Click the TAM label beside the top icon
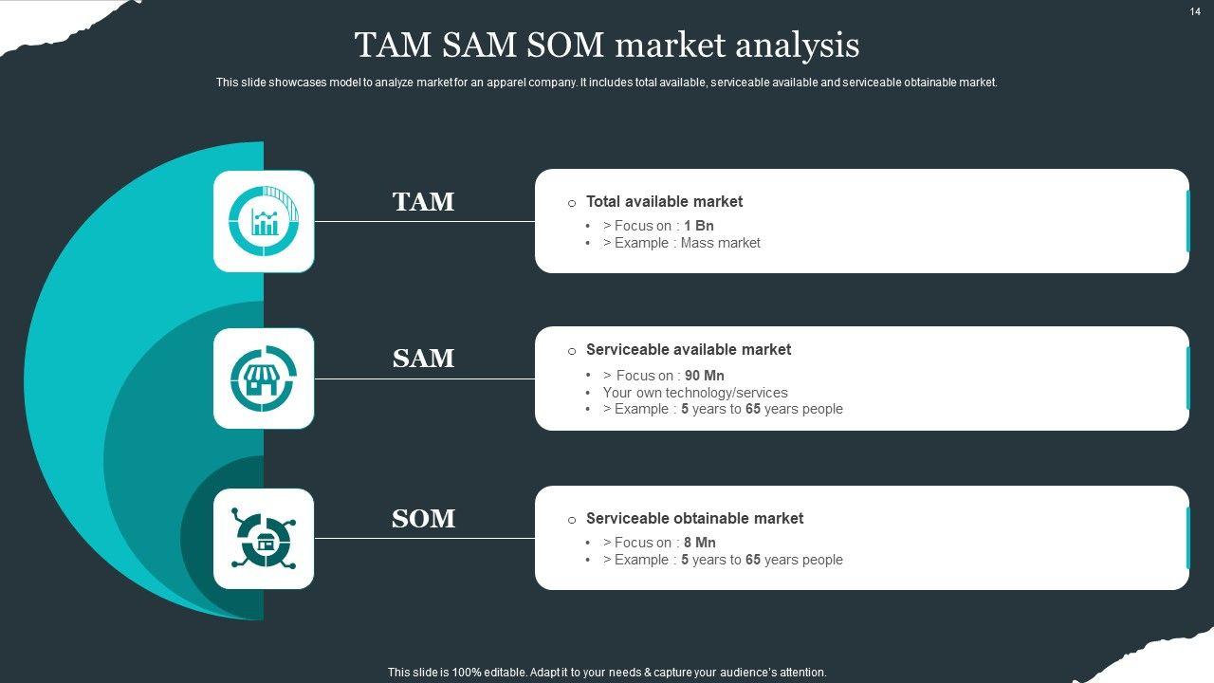[x=423, y=202]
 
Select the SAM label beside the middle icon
[x=423, y=359]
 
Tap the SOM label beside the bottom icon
[x=423, y=519]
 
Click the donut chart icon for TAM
[x=264, y=221]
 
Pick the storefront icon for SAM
[x=264, y=378]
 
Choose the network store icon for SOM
[x=264, y=539]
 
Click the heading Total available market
[x=664, y=201]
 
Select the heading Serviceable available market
[x=688, y=349]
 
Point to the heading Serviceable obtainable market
[x=694, y=518]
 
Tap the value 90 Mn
[x=705, y=376]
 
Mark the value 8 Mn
[x=700, y=543]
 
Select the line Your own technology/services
[x=695, y=393]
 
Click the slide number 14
[x=1195, y=11]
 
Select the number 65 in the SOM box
[x=753, y=560]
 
